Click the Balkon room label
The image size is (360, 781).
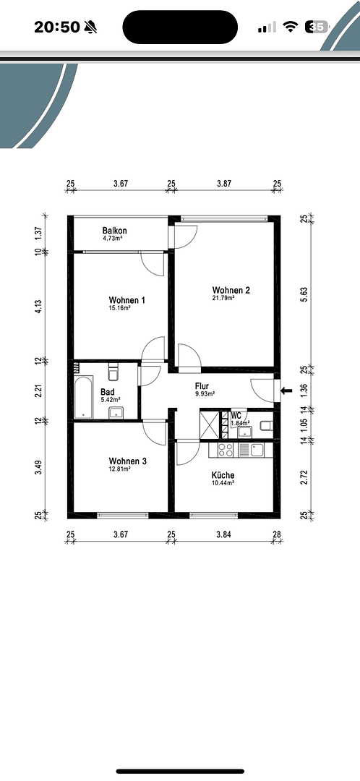[114, 230]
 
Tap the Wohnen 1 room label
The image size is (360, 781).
[127, 300]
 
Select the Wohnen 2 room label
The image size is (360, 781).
[231, 290]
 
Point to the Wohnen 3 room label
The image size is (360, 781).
[127, 461]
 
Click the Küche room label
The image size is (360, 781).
[223, 475]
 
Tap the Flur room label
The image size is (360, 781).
[202, 386]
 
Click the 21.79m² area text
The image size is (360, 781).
[223, 298]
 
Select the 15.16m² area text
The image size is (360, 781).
[119, 308]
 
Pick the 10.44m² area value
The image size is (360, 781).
[223, 483]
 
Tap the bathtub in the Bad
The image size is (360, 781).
[84, 397]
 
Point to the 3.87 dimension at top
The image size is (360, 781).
[224, 184]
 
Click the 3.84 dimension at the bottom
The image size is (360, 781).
[223, 534]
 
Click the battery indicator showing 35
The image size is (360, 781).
[317, 27]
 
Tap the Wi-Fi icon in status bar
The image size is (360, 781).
[291, 27]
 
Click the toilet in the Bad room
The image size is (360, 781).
[113, 372]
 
